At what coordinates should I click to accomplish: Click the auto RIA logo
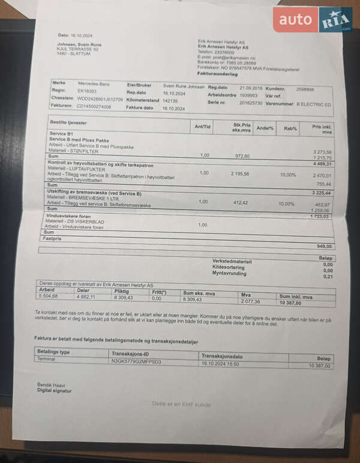pyautogui.click(x=312, y=20)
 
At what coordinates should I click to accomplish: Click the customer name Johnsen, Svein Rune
pyautogui.click(x=79, y=44)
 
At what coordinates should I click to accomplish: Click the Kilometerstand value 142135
pyautogui.click(x=170, y=101)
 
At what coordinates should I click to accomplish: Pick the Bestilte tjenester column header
pyautogui.click(x=70, y=122)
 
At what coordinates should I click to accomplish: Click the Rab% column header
pyautogui.click(x=290, y=128)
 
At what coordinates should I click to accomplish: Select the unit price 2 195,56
pyautogui.click(x=242, y=174)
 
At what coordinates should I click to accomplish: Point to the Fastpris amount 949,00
pyautogui.click(x=323, y=246)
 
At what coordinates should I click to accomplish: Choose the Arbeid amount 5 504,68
pyautogui.click(x=49, y=296)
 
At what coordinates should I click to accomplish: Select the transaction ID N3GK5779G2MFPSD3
pyautogui.click(x=136, y=362)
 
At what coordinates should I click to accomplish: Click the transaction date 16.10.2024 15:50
pyautogui.click(x=220, y=363)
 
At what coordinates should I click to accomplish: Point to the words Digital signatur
pyautogui.click(x=55, y=390)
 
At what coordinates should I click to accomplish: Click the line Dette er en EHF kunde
pyautogui.click(x=181, y=404)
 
